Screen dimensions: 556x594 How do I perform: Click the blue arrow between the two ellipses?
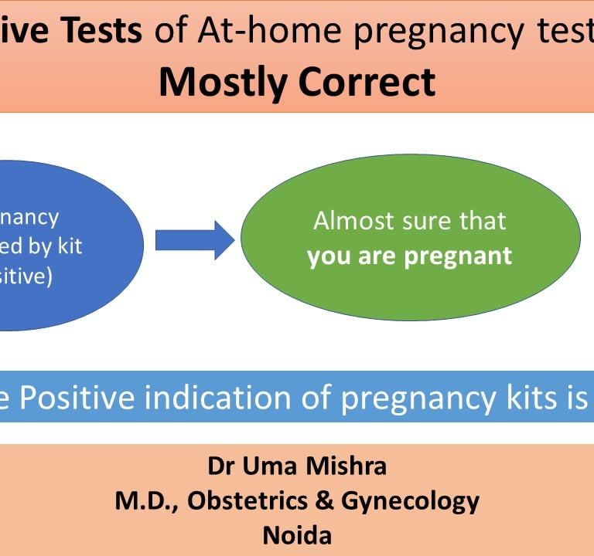[x=194, y=239]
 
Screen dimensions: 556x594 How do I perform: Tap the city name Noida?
[x=297, y=535]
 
